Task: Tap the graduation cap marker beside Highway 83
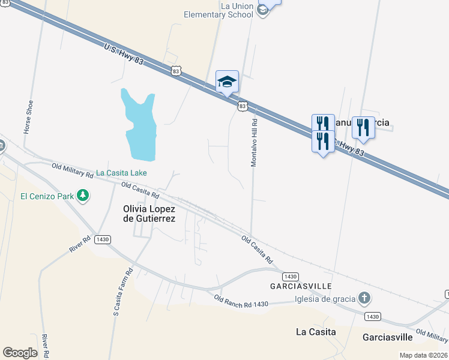[x=227, y=82]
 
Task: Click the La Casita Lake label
[x=122, y=173]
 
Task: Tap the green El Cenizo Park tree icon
[x=83, y=195]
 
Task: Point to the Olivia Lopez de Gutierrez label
[x=149, y=214]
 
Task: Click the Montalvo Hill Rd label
[x=254, y=142]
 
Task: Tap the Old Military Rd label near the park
[x=72, y=170]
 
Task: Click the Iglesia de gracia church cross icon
[x=364, y=298]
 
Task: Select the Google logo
[x=20, y=353]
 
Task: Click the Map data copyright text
[x=424, y=355]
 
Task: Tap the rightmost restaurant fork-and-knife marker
[x=363, y=128]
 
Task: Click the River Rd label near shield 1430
[x=79, y=244]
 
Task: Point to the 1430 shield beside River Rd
[x=103, y=239]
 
